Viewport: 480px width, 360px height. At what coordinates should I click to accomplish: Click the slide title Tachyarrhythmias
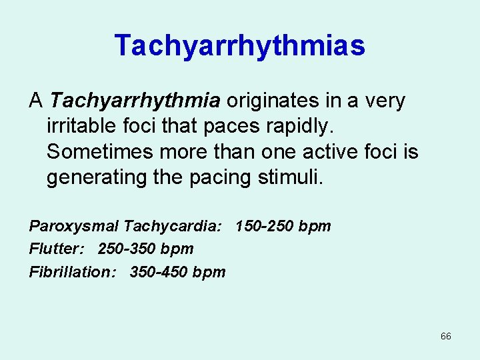(239, 46)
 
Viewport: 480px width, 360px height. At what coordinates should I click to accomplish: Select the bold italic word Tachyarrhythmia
(135, 101)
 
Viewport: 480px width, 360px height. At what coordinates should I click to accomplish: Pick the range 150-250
(265, 226)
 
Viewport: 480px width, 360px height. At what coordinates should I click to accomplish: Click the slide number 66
(446, 336)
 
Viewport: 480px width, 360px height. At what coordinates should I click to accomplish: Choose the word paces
(230, 127)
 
